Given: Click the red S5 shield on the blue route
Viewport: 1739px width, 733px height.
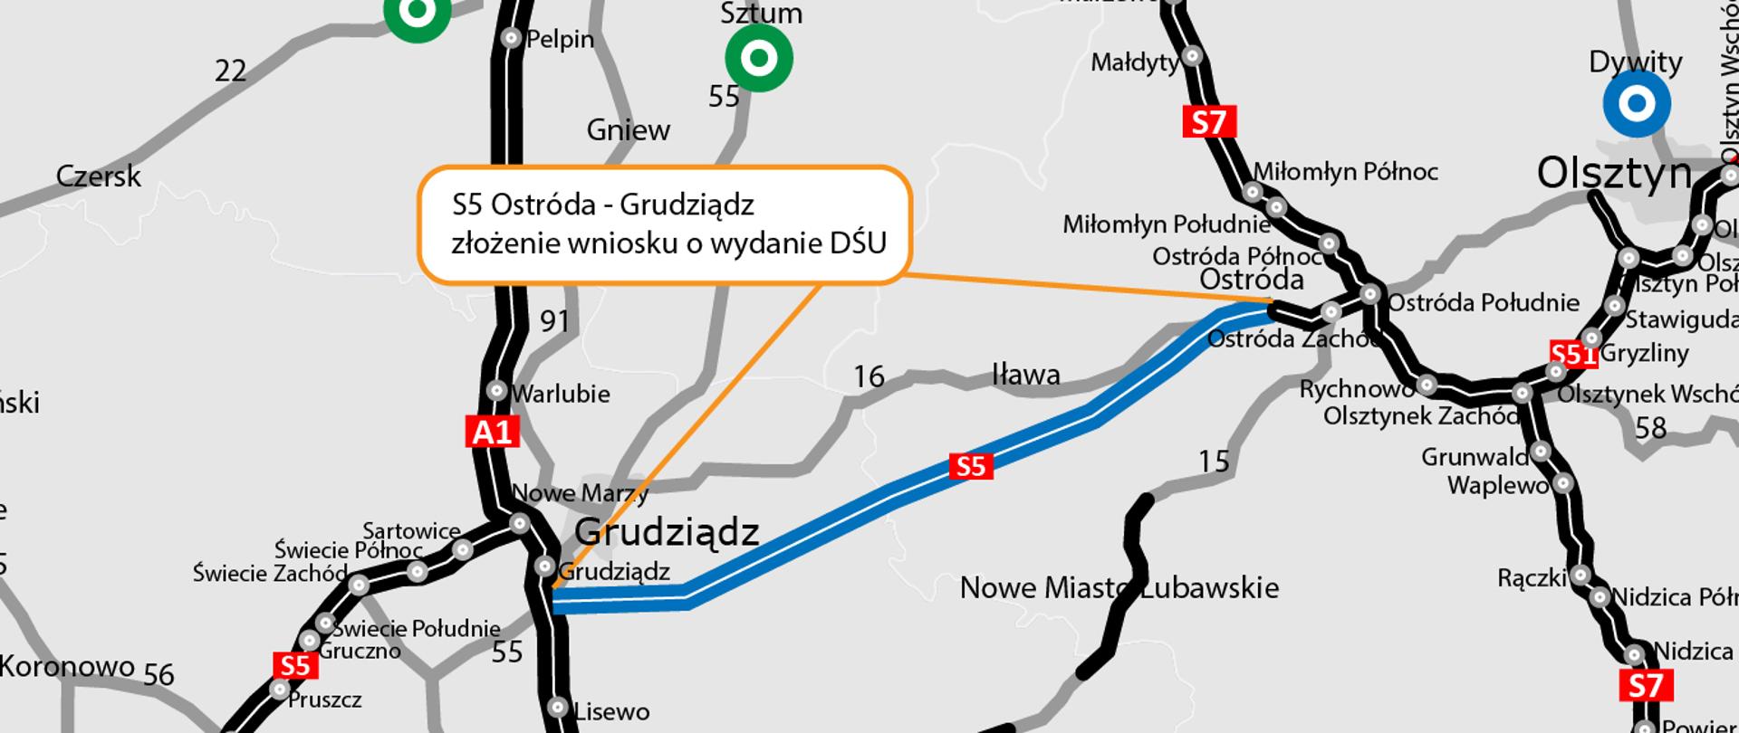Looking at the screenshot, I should pos(970,466).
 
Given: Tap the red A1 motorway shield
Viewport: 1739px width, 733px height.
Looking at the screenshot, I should pos(493,432).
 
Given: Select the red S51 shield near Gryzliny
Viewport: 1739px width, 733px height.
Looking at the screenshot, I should pos(1573,354).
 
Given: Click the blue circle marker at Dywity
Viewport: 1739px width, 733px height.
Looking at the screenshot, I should pos(1636,104).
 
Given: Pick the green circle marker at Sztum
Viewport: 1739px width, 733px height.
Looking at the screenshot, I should pos(759,59).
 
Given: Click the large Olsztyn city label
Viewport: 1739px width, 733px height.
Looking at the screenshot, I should pos(1614,173).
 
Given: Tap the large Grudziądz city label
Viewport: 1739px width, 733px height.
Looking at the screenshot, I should pos(667,532).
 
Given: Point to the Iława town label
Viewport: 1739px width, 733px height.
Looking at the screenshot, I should pos(1026,374).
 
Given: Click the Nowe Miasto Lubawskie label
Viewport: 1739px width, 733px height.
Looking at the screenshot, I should pos(1119,588).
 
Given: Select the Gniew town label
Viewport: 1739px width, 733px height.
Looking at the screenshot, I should pos(629,130).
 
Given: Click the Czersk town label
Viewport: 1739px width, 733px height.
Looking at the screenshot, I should pos(99,176).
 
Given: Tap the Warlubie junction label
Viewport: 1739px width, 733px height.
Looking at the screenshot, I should pos(561,394).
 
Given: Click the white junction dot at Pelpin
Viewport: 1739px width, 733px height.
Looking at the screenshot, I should pos(511,38).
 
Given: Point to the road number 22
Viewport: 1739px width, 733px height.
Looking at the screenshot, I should pos(230,71).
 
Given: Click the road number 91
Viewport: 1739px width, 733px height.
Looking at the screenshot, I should pos(554,320).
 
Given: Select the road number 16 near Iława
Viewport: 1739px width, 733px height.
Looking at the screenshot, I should pos(869,376).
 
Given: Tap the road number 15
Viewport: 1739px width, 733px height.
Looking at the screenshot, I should pos(1214,462).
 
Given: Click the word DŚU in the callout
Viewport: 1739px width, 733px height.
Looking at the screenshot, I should pos(858,243).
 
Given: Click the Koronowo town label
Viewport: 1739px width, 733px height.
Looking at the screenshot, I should pos(68,667).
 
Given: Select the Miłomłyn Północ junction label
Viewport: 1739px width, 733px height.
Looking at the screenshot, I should pos(1346,172).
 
